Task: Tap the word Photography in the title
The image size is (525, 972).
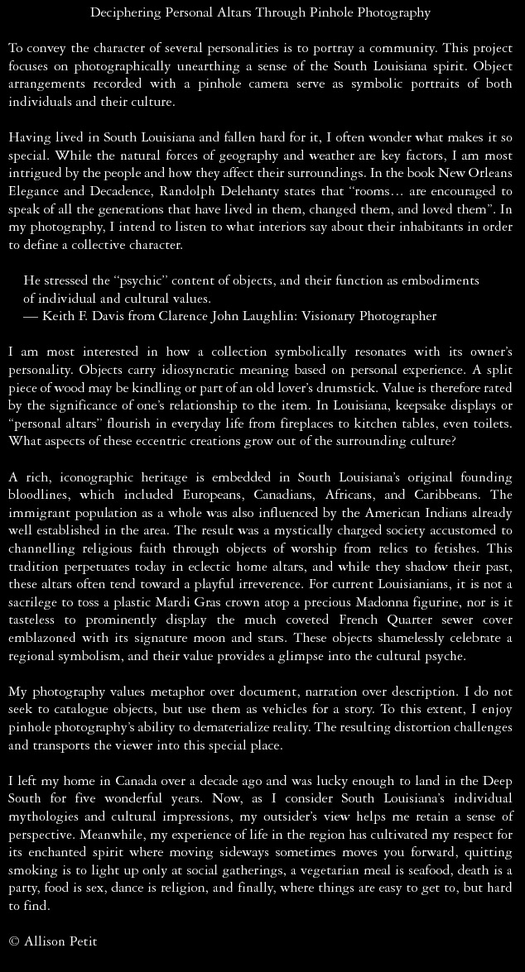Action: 395,12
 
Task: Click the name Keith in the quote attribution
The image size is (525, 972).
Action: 60,316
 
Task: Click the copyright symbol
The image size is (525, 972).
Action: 14,942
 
